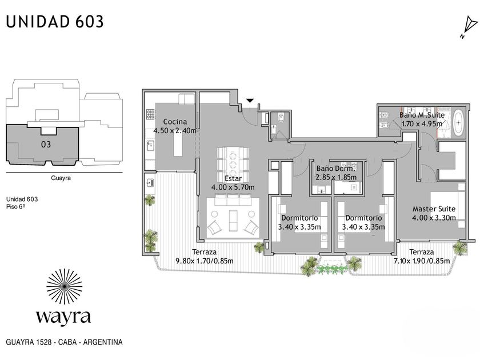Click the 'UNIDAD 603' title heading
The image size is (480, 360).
coord(55,22)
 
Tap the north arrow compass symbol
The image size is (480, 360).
coord(469,27)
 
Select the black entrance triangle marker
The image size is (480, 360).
coord(250,100)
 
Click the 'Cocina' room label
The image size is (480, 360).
coord(175,122)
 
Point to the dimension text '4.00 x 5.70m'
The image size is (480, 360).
coord(233,187)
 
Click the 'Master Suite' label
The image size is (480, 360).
coord(434,209)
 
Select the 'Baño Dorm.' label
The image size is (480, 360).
coord(335,169)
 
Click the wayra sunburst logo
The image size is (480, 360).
coord(64,286)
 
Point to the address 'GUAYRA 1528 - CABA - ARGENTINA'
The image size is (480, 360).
coord(64,342)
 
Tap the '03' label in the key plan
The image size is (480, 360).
coord(46,144)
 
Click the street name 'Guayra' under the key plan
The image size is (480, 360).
coord(61,178)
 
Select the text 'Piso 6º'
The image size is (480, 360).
coord(15,207)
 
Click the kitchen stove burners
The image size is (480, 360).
coord(150,114)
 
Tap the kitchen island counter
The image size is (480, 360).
coord(178,144)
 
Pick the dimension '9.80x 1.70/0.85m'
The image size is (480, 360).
coord(205,261)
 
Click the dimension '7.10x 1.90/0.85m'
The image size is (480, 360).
coord(422,261)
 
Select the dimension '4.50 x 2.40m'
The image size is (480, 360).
coord(175,131)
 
